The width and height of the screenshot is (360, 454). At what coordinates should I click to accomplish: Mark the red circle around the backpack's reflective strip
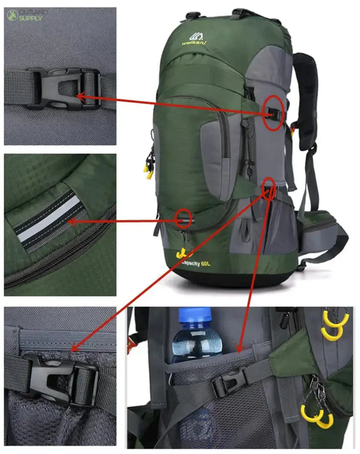point(183,218)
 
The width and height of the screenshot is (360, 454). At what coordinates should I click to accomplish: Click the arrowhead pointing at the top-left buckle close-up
point(80,96)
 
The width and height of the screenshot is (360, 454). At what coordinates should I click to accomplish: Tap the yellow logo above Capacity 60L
point(182,252)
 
